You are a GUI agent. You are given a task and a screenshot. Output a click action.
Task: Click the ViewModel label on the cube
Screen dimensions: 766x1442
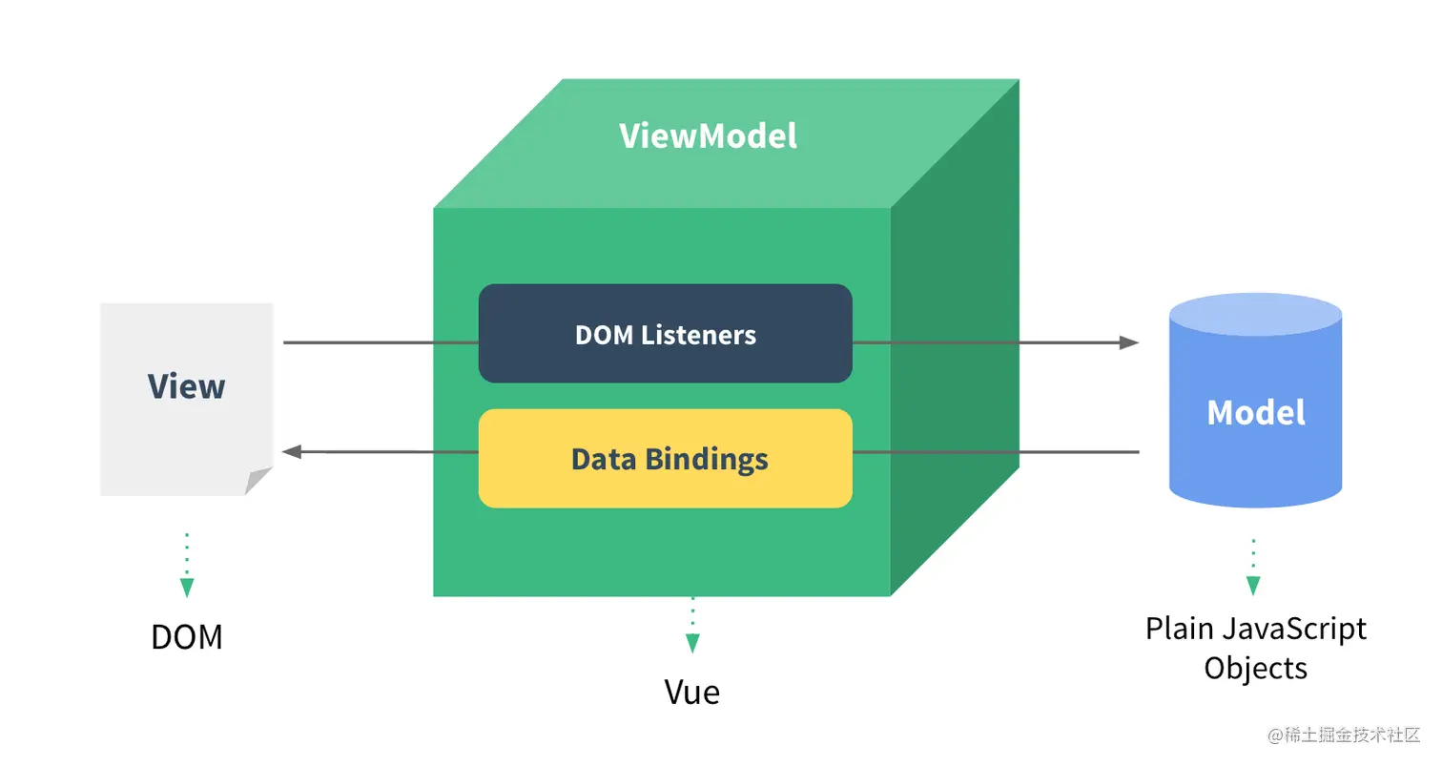(x=708, y=136)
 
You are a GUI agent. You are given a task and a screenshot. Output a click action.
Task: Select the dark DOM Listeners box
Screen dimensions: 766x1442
(x=665, y=334)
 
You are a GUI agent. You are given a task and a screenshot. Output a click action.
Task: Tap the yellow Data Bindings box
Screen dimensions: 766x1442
(x=665, y=459)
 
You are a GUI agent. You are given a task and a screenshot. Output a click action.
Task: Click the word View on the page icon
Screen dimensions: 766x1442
(x=187, y=386)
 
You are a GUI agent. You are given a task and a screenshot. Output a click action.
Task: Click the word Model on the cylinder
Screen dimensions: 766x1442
(x=1255, y=412)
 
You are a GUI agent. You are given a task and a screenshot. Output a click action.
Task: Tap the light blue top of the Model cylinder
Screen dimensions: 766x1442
(x=1255, y=315)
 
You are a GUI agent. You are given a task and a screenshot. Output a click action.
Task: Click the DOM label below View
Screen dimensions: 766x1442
(x=187, y=636)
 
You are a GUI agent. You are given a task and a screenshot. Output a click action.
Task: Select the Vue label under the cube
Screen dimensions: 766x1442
(x=692, y=692)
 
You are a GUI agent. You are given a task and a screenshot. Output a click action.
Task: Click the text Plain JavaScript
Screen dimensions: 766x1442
(x=1255, y=629)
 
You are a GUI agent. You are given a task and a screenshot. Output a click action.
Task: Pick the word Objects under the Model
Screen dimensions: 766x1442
(x=1255, y=667)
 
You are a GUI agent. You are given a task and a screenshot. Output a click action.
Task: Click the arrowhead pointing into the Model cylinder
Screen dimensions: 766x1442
(x=1129, y=342)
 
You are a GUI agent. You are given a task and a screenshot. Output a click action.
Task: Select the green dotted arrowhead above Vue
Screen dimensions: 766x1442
(x=692, y=644)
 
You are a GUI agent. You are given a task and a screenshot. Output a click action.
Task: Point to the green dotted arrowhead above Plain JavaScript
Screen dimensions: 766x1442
(x=1253, y=586)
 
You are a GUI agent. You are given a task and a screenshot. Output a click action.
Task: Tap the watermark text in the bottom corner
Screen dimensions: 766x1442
(x=1344, y=735)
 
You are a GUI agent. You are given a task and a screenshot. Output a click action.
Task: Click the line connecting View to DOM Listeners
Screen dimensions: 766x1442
(x=381, y=342)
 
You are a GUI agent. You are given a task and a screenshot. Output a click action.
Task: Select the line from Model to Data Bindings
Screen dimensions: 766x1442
(x=992, y=451)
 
